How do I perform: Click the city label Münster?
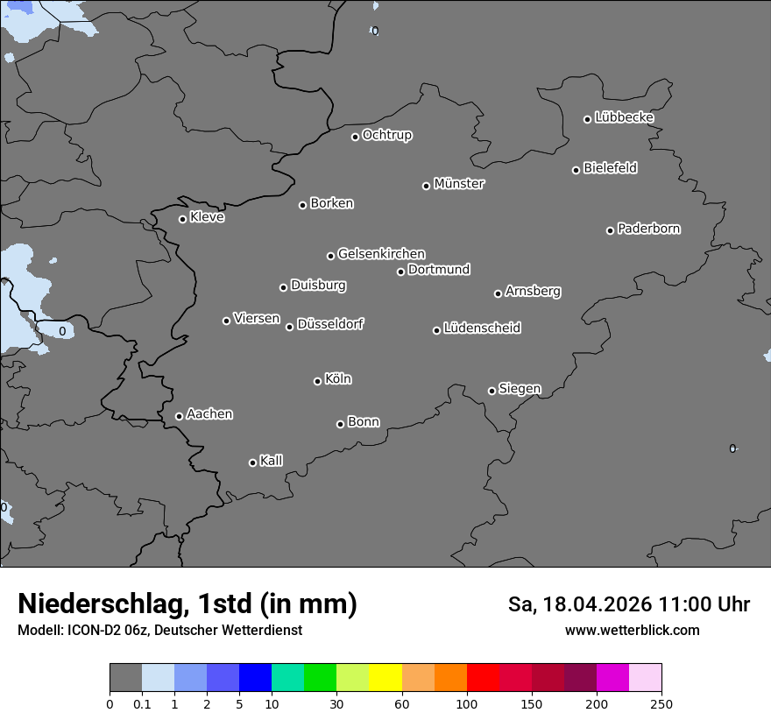pyautogui.click(x=459, y=184)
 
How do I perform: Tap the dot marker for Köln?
pyautogui.click(x=317, y=381)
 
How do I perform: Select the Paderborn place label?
pyautogui.click(x=648, y=229)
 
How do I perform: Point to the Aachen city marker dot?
pyautogui.click(x=179, y=416)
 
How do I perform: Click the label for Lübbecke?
pyautogui.click(x=624, y=117)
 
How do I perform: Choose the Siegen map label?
pyautogui.click(x=520, y=389)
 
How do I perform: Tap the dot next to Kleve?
pyautogui.click(x=182, y=219)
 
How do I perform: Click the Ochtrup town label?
pyautogui.click(x=387, y=135)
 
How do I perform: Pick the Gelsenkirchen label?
pyautogui.click(x=381, y=254)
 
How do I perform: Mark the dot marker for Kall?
pyautogui.click(x=252, y=462)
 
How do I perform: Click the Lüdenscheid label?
pyautogui.click(x=482, y=328)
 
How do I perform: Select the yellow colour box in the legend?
pyautogui.click(x=385, y=678)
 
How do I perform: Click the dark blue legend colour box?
pyautogui.click(x=255, y=678)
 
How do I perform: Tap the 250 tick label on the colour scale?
pyautogui.click(x=661, y=703)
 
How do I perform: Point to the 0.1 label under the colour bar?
pyautogui.click(x=142, y=703)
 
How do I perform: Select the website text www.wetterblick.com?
pyautogui.click(x=632, y=631)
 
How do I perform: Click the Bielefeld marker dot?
pyautogui.click(x=576, y=170)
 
